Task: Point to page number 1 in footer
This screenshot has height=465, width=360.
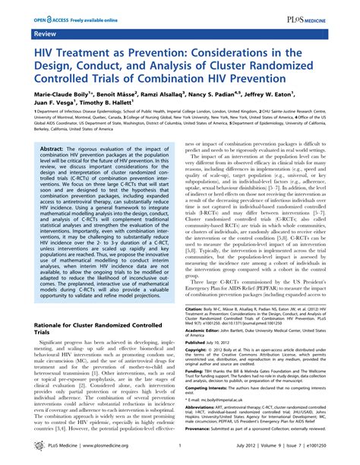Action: [x=178, y=454]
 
